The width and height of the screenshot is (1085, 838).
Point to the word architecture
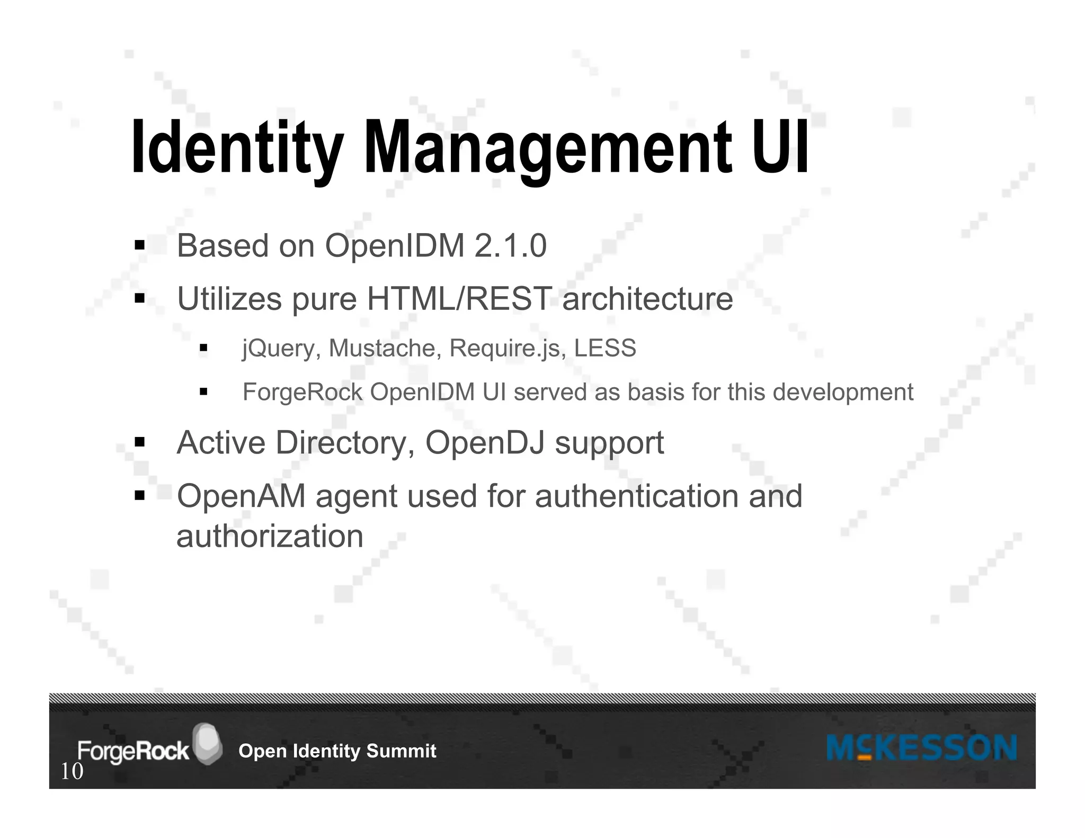pyautogui.click(x=647, y=299)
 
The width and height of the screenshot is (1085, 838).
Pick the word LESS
pyautogui.click(x=605, y=348)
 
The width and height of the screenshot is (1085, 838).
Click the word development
pyautogui.click(x=843, y=393)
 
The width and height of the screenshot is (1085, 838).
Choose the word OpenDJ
pyautogui.click(x=485, y=442)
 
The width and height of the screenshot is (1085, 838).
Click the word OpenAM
pyautogui.click(x=241, y=496)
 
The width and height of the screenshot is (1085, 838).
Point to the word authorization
pyautogui.click(x=270, y=536)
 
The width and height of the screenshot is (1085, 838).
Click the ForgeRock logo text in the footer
pyautogui.click(x=133, y=751)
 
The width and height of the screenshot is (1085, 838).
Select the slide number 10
pyautogui.click(x=72, y=772)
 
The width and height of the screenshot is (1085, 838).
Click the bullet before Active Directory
pyautogui.click(x=140, y=442)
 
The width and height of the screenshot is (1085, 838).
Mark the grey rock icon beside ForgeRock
pyautogui.click(x=207, y=743)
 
